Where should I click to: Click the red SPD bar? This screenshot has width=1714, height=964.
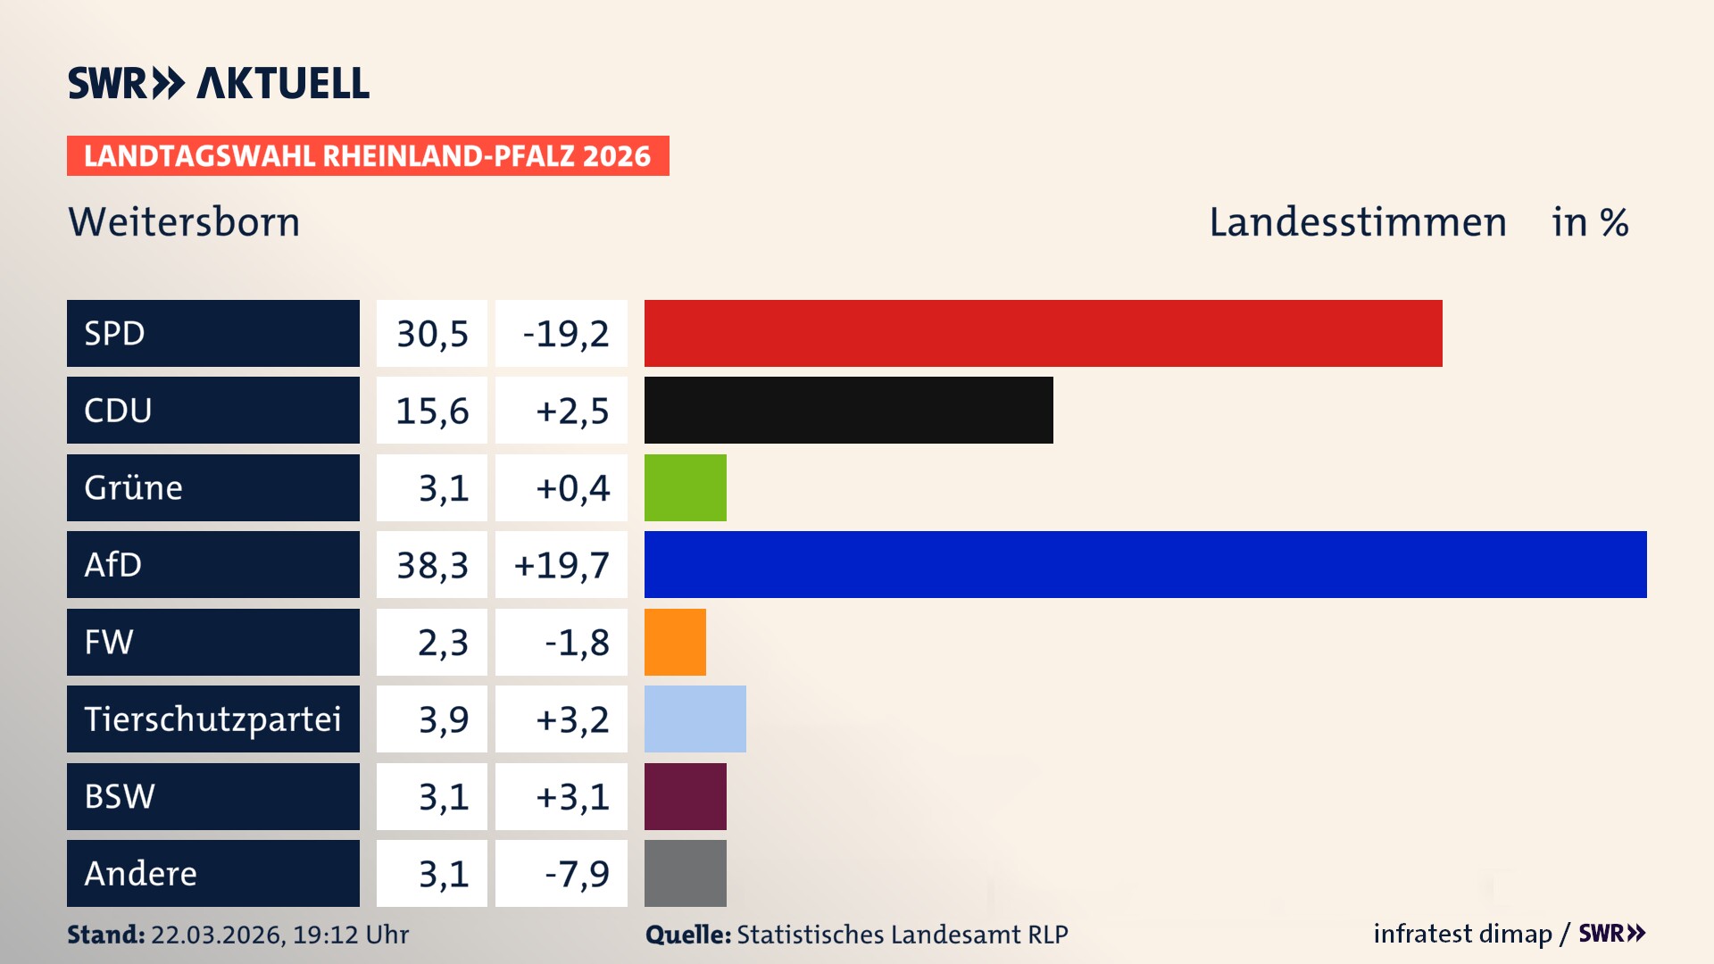pyautogui.click(x=1043, y=333)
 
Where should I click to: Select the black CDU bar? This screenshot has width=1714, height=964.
pyautogui.click(x=848, y=411)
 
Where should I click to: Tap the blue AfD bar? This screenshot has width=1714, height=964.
pyautogui.click(x=1145, y=564)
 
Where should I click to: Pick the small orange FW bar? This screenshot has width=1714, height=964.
pyautogui.click(x=675, y=642)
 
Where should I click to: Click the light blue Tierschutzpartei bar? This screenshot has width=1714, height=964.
pyautogui.click(x=695, y=719)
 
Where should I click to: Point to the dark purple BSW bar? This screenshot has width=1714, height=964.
pyautogui.click(x=685, y=796)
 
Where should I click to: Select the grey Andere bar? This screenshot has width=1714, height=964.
pyautogui.click(x=685, y=873)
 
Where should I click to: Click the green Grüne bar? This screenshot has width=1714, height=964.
pyautogui.click(x=685, y=487)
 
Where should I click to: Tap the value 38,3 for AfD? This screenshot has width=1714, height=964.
pyautogui.click(x=432, y=565)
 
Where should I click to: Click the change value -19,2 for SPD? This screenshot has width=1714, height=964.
pyautogui.click(x=565, y=334)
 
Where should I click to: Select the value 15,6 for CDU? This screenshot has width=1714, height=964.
pyautogui.click(x=432, y=411)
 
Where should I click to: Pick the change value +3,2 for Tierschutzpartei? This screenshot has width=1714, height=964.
pyautogui.click(x=571, y=719)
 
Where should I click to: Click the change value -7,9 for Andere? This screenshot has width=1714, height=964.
pyautogui.click(x=577, y=874)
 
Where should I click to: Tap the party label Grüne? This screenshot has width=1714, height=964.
pyautogui.click(x=134, y=487)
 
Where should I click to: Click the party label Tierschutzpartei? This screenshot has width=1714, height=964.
pyautogui.click(x=212, y=719)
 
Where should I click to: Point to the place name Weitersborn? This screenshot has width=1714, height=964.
pyautogui.click(x=184, y=222)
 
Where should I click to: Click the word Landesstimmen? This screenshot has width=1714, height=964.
pyautogui.click(x=1357, y=222)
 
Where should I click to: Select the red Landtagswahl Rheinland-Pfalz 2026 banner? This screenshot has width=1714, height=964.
pyautogui.click(x=368, y=156)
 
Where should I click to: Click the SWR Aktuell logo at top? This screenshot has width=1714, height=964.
pyautogui.click(x=219, y=83)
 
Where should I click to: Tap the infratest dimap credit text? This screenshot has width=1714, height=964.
pyautogui.click(x=1461, y=934)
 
